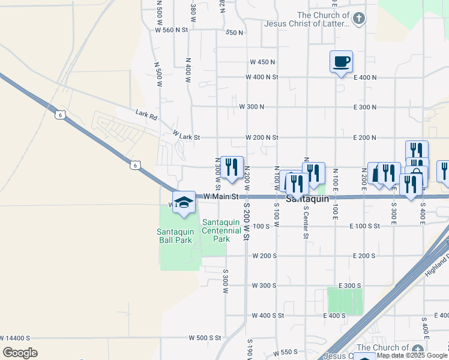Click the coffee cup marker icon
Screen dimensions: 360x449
(x=341, y=61)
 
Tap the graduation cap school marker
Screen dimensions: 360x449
(x=184, y=202)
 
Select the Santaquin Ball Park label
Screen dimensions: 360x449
(x=175, y=236)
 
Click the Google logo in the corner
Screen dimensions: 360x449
(x=20, y=353)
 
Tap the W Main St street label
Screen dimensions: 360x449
(x=221, y=196)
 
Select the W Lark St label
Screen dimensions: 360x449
(x=186, y=137)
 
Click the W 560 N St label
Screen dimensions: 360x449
(x=172, y=29)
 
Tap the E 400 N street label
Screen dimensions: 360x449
(x=365, y=77)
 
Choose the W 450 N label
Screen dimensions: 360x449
(x=262, y=62)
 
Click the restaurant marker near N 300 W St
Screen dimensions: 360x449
(x=232, y=166)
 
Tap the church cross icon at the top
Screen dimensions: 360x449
(x=358, y=19)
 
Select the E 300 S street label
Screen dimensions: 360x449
(x=349, y=286)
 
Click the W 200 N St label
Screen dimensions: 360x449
(x=262, y=137)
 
